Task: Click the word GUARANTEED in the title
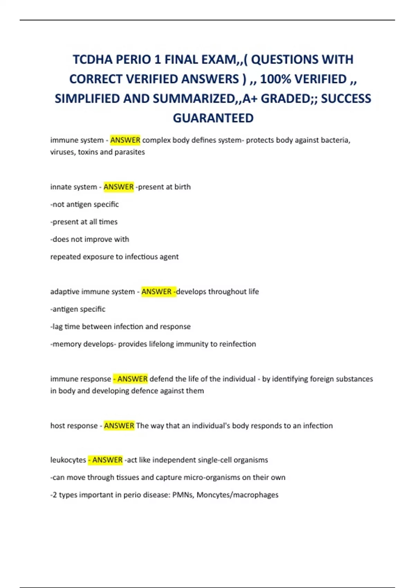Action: (213, 118)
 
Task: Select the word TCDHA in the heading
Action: (92, 60)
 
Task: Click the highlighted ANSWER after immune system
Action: (125, 140)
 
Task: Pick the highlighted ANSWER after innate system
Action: (119, 187)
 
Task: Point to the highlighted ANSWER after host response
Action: (119, 425)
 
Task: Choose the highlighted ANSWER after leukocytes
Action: (107, 460)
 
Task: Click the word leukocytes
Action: (68, 460)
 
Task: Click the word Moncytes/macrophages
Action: (238, 495)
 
